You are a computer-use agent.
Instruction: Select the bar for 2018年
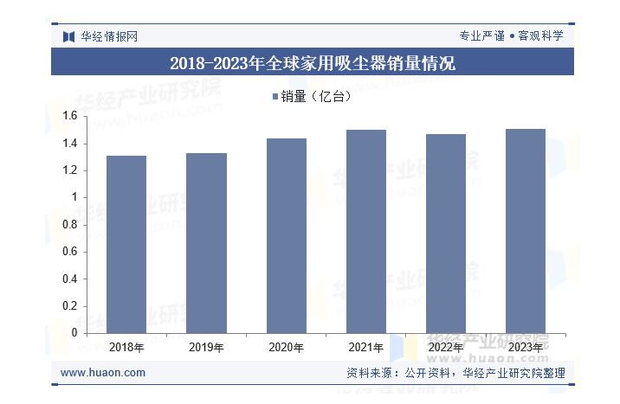[126, 244]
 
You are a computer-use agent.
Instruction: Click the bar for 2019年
[206, 243]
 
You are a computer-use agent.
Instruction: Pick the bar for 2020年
[287, 235]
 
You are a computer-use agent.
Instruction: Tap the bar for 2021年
[366, 231]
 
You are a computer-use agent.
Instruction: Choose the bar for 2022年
[446, 234]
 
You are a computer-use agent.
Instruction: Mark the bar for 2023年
[526, 231]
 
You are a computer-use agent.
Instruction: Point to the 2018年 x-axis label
[126, 348]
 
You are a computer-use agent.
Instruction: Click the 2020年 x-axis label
[287, 348]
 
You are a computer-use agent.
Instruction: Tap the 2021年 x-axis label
[366, 348]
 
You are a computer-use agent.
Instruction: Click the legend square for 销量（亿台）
[274, 97]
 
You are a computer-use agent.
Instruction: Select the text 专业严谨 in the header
[481, 36]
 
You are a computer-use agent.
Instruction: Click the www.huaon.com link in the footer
[103, 373]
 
